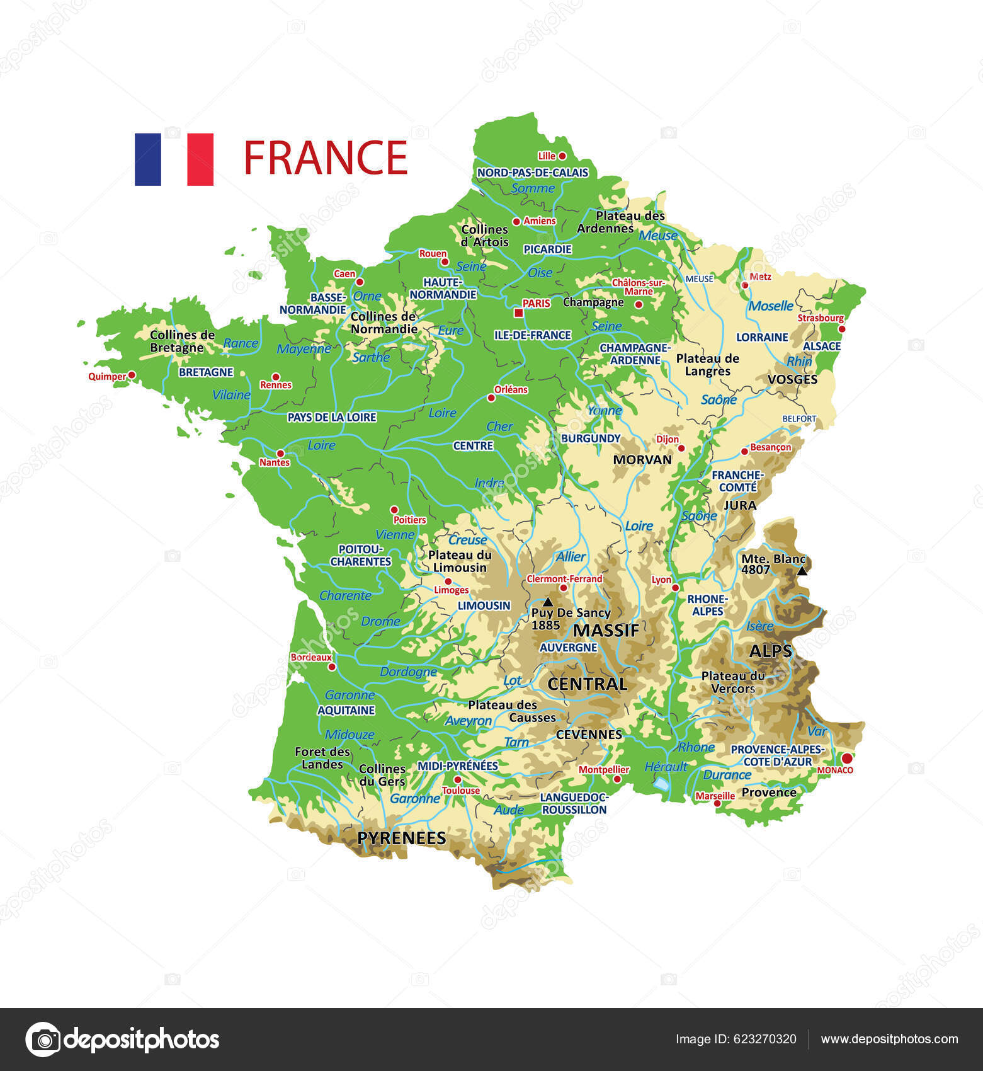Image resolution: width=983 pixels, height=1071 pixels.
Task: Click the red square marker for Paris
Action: pos(518,312)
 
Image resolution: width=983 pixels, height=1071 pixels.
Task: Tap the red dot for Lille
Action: pos(562,156)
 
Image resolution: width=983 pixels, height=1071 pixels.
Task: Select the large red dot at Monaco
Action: pos(847,758)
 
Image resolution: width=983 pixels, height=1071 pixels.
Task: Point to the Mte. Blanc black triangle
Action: pos(802,571)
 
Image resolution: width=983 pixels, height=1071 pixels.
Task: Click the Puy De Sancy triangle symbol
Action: pos(548,602)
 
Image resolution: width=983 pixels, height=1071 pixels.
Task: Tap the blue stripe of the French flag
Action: pos(148,159)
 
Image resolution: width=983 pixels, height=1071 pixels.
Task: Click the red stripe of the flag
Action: pos(200,159)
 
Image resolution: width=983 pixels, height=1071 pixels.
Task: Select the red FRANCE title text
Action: pos(326,157)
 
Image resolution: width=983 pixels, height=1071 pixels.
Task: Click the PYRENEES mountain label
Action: pos(401,838)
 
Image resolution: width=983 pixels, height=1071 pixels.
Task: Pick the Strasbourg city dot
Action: pos(842,329)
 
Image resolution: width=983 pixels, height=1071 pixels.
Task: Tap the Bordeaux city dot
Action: pos(332,667)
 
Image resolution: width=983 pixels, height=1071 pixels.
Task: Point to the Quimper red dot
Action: pos(132,375)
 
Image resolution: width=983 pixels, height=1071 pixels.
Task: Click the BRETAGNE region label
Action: pos(206,372)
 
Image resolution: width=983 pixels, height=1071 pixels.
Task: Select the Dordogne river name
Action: pos(408,672)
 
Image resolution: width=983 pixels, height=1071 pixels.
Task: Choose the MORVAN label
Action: pos(642,460)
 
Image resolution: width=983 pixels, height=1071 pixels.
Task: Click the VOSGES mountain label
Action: pos(792,379)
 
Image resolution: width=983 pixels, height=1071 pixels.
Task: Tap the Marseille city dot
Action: pos(717,803)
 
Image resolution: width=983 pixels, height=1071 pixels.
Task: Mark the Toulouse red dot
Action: pos(457,780)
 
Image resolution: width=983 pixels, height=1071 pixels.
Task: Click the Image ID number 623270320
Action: pos(766,1039)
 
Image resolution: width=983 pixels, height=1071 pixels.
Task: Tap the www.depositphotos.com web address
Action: pos(889,1039)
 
